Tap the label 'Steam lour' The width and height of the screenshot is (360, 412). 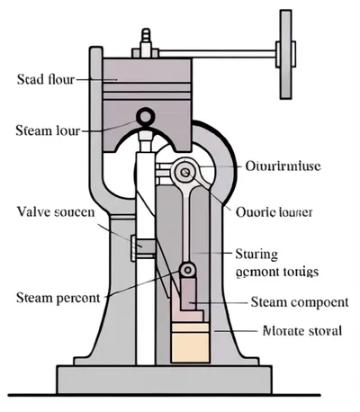click(47, 131)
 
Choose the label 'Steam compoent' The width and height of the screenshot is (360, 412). click(299, 301)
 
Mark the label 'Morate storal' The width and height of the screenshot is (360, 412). click(301, 330)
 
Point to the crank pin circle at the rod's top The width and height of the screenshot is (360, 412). click(185, 170)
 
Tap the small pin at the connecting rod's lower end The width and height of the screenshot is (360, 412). click(186, 269)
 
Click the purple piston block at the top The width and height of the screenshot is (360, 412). click(148, 85)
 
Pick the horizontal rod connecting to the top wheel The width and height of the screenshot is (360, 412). click(225, 50)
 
